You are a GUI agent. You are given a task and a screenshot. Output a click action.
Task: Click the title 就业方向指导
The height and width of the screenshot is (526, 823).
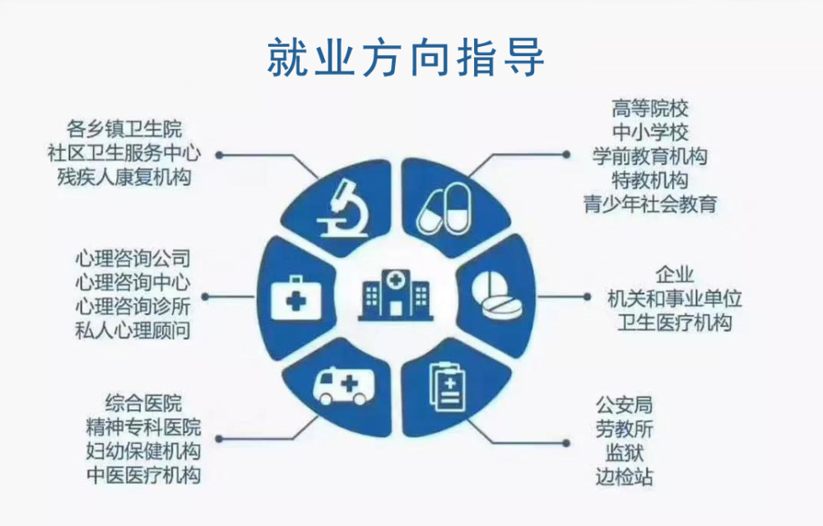[x=405, y=58]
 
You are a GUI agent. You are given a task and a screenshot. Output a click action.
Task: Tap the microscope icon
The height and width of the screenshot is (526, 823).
[x=343, y=208]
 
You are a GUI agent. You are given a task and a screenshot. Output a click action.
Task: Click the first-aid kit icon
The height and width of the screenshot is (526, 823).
[x=295, y=298]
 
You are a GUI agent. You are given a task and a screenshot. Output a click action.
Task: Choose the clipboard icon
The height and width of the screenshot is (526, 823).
[x=447, y=388]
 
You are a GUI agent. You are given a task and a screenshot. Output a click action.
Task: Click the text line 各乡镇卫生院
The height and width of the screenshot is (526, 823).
[x=124, y=129]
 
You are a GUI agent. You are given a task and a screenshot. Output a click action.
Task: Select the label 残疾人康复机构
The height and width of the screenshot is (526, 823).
[x=124, y=177]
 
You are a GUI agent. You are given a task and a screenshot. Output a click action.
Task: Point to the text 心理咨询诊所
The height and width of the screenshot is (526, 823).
[x=133, y=306]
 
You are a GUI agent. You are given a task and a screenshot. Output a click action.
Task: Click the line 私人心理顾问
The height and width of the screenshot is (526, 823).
[x=133, y=331]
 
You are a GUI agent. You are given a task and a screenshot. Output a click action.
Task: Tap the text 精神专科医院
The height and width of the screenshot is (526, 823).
[x=143, y=427]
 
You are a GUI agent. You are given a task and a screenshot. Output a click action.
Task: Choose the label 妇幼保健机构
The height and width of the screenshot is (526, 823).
[x=143, y=451]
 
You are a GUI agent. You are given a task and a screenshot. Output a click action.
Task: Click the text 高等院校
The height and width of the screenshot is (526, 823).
[x=650, y=109]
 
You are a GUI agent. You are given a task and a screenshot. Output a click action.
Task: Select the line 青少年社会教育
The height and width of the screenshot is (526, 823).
[x=650, y=204]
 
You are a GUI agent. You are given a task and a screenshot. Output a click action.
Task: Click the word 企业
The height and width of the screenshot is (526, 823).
[x=675, y=275]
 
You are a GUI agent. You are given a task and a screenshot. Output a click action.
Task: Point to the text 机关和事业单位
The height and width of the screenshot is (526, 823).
[x=675, y=299]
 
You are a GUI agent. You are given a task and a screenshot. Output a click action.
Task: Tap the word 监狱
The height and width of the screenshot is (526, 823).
[x=624, y=453]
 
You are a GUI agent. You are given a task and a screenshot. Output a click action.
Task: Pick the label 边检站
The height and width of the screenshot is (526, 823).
[x=624, y=477]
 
